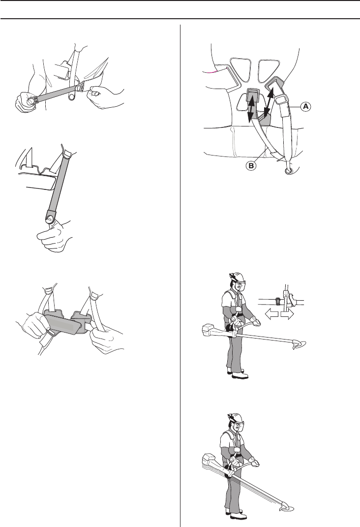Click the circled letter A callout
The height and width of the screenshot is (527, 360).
coord(305,107)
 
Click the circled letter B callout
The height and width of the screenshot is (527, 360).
coord(251,165)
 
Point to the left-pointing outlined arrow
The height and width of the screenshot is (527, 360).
coord(271,314)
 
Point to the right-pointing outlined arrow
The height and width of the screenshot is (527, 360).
coord(288,314)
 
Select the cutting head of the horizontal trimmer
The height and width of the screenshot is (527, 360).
coord(299,345)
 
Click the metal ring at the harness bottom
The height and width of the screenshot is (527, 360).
coord(288,171)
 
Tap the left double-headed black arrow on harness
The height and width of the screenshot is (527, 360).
coord(250,107)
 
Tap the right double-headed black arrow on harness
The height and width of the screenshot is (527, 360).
coord(269,102)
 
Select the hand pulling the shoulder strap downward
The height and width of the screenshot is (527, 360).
coord(54,235)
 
